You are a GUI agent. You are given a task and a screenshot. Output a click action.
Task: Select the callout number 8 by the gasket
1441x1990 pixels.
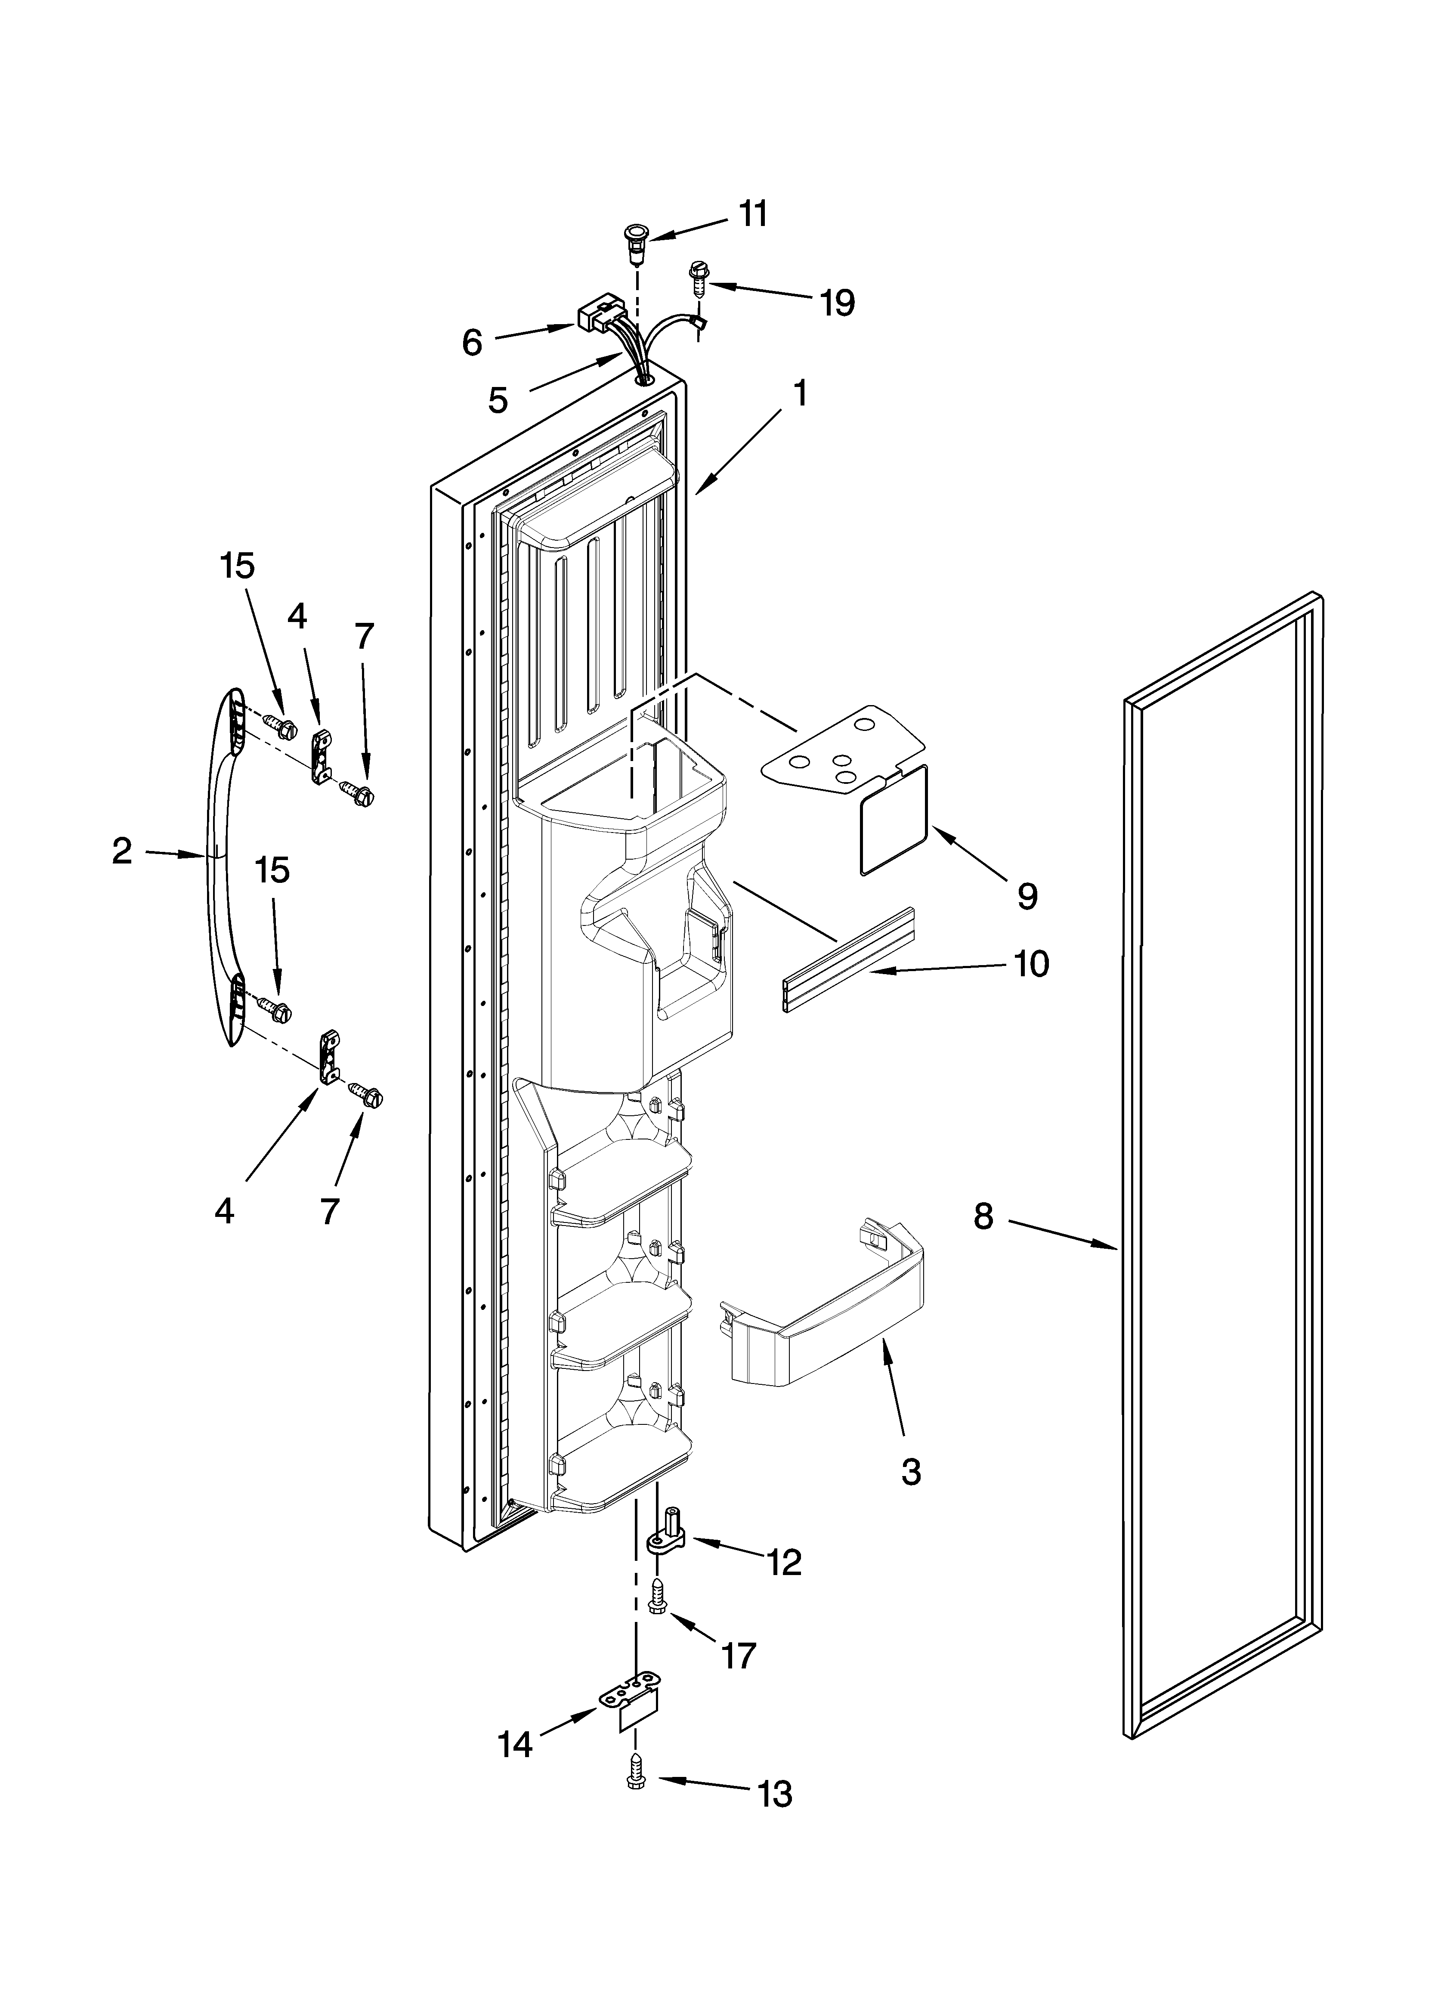coord(983,1215)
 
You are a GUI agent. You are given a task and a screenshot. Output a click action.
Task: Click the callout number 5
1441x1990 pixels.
coord(498,400)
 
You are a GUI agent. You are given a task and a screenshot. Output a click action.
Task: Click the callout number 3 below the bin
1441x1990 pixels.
coord(911,1470)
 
